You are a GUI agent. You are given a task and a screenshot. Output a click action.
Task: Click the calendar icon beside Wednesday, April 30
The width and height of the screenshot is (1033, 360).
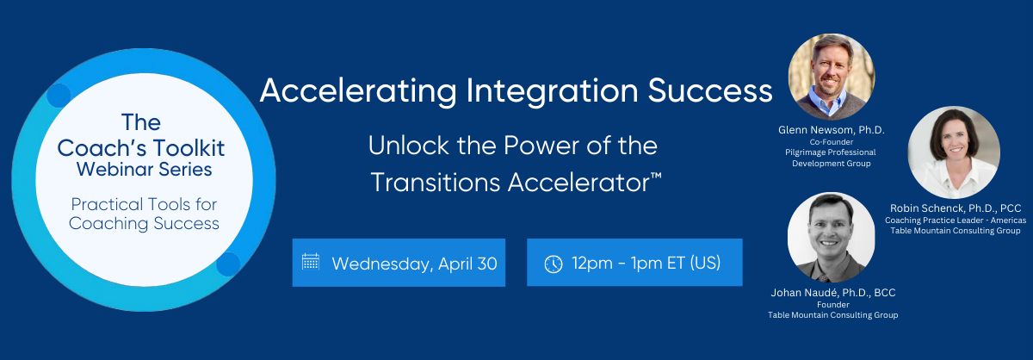click(x=311, y=261)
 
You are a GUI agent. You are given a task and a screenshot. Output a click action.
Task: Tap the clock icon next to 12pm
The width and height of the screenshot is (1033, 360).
click(x=554, y=264)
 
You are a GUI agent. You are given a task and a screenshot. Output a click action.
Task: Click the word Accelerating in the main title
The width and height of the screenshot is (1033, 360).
click(x=358, y=91)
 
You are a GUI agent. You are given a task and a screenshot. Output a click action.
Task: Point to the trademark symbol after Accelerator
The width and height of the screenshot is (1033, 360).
click(x=656, y=176)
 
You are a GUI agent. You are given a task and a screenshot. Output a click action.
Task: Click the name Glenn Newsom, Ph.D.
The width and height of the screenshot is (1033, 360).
click(x=831, y=130)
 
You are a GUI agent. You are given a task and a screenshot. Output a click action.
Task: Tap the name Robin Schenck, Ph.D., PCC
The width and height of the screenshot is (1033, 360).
click(x=956, y=208)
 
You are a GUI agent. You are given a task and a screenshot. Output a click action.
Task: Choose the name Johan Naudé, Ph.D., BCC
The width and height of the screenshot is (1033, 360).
click(x=833, y=293)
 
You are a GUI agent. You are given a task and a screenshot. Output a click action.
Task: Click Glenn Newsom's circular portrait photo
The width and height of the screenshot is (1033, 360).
click(x=831, y=77)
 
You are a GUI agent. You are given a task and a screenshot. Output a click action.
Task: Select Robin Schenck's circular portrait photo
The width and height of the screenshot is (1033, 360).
click(x=954, y=152)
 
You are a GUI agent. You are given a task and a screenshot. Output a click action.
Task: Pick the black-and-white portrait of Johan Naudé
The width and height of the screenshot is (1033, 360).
click(x=831, y=237)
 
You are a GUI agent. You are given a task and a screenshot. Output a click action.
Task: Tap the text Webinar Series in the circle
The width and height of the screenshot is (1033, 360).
click(x=144, y=170)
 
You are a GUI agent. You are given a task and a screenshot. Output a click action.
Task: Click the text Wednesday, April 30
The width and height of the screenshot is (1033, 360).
click(x=414, y=264)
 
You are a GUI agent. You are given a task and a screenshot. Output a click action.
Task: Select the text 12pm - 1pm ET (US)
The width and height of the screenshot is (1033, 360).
click(x=646, y=263)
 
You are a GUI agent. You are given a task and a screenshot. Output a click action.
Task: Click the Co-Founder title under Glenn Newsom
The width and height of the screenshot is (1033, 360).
click(x=831, y=142)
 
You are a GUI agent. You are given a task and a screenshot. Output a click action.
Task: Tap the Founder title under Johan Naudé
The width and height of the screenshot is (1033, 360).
click(x=833, y=305)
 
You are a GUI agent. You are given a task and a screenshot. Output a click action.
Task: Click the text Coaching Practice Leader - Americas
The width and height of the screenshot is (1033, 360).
click(x=956, y=220)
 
